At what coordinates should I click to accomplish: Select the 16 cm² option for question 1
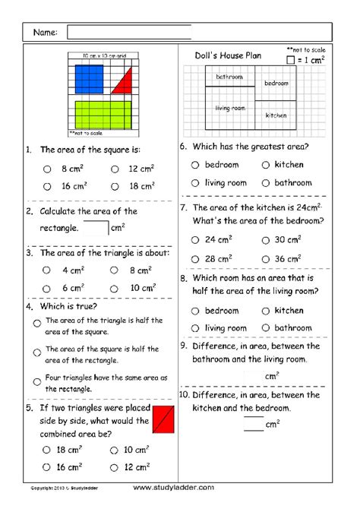pos(47,185)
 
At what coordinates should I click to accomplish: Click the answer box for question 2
pos(96,226)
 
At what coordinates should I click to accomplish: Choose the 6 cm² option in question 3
pos(47,288)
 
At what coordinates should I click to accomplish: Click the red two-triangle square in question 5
pos(163,419)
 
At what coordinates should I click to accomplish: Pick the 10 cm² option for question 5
pos(115,450)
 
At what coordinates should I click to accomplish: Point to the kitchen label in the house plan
pos(276,115)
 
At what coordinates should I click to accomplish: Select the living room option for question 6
pos(196,182)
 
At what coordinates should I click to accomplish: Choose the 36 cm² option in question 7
pos(266,258)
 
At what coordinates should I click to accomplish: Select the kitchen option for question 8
pos(266,310)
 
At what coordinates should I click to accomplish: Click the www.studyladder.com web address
pos(174,487)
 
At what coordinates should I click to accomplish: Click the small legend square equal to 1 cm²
pos(291,58)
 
